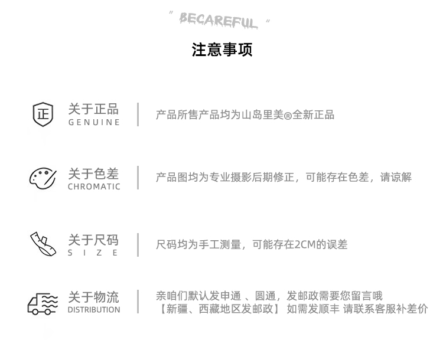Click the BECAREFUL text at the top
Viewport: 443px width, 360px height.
click(219, 21)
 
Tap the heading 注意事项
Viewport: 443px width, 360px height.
click(221, 50)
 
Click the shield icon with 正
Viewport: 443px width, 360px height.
click(43, 114)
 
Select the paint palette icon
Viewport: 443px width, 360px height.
click(43, 178)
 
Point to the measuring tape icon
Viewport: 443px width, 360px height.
click(43, 244)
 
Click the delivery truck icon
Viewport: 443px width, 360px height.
click(43, 303)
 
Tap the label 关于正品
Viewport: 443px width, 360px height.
click(93, 109)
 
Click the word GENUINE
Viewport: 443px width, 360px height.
click(94, 123)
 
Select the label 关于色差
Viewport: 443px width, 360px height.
click(93, 174)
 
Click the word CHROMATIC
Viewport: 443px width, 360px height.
click(94, 187)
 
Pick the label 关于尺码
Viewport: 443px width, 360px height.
click(93, 240)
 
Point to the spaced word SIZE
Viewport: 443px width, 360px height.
click(93, 253)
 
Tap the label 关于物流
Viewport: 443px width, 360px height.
click(93, 297)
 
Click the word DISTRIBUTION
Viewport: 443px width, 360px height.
click(94, 310)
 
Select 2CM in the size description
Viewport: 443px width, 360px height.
click(305, 244)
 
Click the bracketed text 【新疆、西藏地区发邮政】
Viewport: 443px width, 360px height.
click(218, 309)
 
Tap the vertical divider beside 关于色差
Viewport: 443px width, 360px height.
click(138, 178)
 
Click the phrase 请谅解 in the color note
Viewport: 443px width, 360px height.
click(396, 178)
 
